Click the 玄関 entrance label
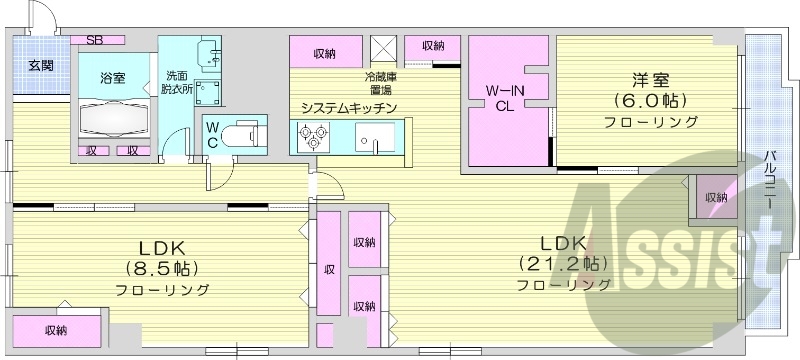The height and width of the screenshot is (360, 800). click(41, 66)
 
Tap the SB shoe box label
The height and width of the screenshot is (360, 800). click(94, 41)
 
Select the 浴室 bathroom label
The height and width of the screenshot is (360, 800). click(112, 77)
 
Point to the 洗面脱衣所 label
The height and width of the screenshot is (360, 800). click(177, 81)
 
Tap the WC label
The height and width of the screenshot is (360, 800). click(213, 134)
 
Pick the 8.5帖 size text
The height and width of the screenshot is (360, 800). click(161, 269)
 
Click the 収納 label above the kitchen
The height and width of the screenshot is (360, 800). click(323, 53)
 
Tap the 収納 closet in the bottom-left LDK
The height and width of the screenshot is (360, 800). click(56, 329)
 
